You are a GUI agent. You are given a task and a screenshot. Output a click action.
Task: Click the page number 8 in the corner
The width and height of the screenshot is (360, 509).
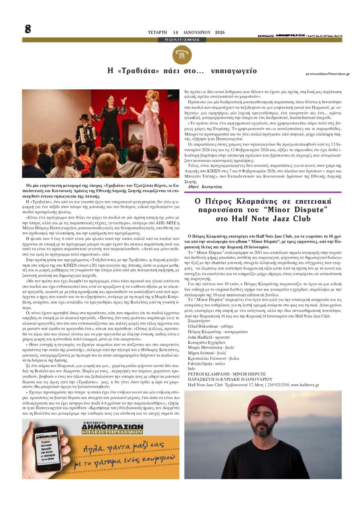point(28,29)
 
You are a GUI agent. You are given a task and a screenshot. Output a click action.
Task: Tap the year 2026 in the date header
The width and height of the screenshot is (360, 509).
point(220,32)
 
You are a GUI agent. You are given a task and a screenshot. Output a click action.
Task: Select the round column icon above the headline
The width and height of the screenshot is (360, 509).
point(182,54)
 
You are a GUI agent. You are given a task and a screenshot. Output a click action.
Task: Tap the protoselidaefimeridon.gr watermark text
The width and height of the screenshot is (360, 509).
point(328,74)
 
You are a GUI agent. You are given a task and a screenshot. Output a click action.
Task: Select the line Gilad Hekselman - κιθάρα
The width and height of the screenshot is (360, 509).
point(211,326)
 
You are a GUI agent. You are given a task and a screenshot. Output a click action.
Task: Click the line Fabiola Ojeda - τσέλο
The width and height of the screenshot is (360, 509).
point(206,364)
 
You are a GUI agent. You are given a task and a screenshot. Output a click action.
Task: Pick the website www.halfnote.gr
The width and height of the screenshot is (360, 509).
point(305,385)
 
